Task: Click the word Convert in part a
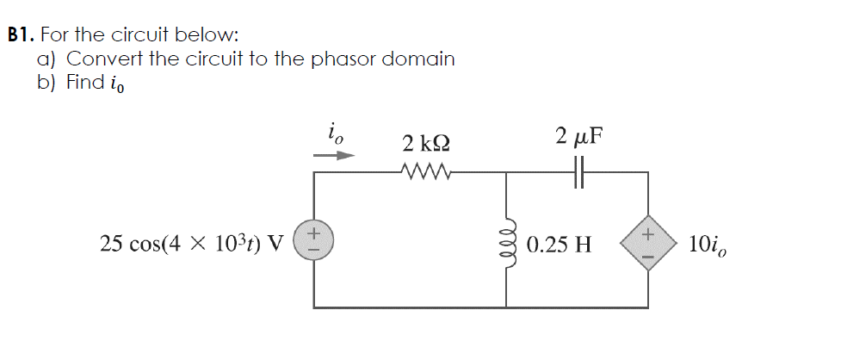click(99, 59)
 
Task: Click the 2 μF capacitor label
click(578, 137)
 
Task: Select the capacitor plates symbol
click(578, 172)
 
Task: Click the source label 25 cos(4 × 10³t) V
click(191, 244)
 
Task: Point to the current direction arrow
click(333, 156)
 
